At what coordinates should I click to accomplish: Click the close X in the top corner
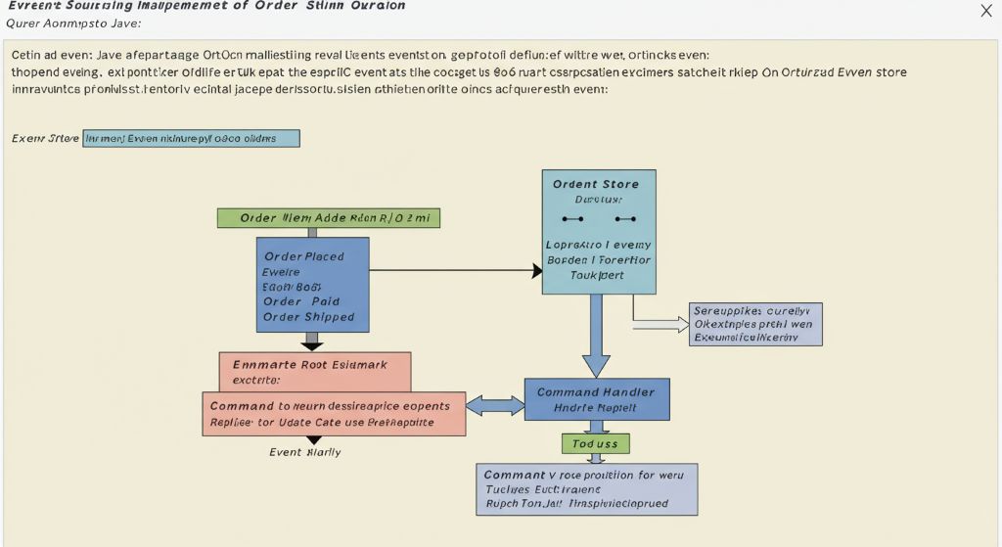pyautogui.click(x=985, y=11)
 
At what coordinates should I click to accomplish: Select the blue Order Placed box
pyautogui.click(x=312, y=284)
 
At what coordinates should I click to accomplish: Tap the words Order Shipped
pyautogui.click(x=308, y=317)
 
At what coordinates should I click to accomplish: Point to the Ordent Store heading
pyautogui.click(x=595, y=184)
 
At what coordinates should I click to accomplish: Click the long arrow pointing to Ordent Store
pyautogui.click(x=455, y=270)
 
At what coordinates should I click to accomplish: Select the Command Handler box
pyautogui.click(x=596, y=399)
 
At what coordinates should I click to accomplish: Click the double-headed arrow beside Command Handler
pyautogui.click(x=495, y=404)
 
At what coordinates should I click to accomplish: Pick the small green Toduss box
pyautogui.click(x=595, y=444)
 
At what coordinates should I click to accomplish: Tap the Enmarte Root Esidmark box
pyautogui.click(x=314, y=372)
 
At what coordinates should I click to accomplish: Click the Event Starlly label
pyautogui.click(x=305, y=452)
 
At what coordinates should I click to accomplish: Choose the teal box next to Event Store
pyautogui.click(x=191, y=138)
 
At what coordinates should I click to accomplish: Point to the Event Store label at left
pyautogui.click(x=45, y=138)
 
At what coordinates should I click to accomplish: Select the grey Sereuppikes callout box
pyautogui.click(x=755, y=324)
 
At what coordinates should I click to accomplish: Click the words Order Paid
pyautogui.click(x=300, y=301)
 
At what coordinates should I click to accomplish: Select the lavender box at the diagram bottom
pyautogui.click(x=586, y=489)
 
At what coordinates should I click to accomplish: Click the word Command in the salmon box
pyautogui.click(x=242, y=405)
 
